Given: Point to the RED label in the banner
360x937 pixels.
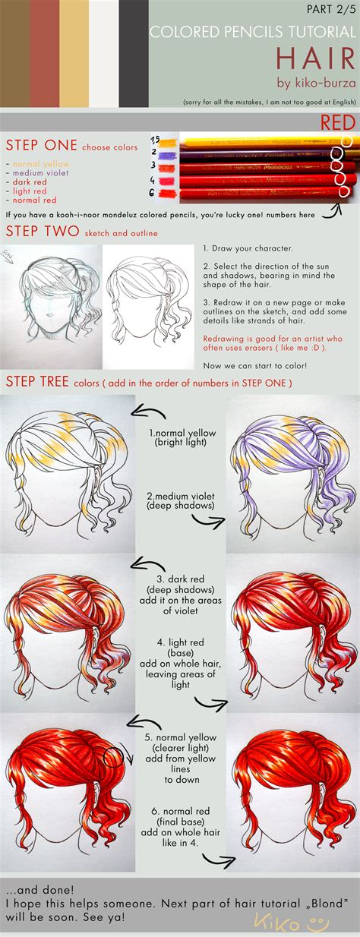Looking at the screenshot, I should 334,121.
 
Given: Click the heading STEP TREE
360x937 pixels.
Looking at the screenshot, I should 38,383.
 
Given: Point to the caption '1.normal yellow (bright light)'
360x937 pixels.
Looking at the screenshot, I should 182,437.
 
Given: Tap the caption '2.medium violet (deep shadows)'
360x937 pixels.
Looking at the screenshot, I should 181,501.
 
